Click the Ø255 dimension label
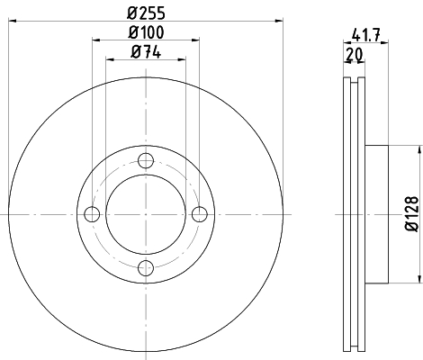(146, 13)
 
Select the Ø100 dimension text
(146, 32)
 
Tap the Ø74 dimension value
(146, 52)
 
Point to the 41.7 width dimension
(366, 34)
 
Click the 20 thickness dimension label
(355, 54)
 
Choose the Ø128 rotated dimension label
(411, 214)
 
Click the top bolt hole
(146, 161)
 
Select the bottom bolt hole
(146, 268)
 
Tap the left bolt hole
(92, 214)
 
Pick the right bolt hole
(200, 214)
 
